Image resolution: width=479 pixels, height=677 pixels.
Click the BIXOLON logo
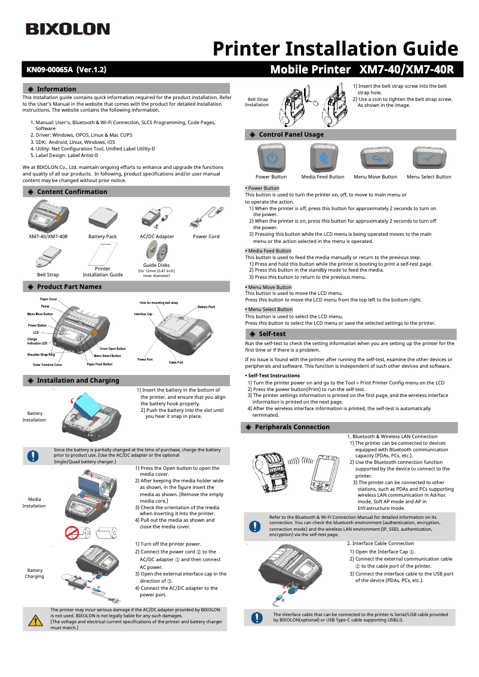[x=67, y=29]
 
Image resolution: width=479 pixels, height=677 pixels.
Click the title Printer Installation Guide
[x=335, y=49]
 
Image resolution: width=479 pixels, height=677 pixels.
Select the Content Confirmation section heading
[x=72, y=192]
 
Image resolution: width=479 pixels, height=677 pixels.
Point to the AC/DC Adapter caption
[x=157, y=236]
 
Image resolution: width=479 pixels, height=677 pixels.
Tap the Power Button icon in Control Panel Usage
[x=271, y=158]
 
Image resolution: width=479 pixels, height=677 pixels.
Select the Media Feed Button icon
[x=323, y=158]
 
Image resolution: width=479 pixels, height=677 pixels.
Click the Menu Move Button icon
[x=376, y=158]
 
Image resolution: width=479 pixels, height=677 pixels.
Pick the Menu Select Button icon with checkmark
[x=429, y=158]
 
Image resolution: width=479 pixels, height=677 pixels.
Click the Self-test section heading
[x=272, y=334]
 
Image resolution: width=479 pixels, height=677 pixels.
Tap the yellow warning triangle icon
[x=36, y=620]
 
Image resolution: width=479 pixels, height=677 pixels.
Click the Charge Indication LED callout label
[x=37, y=341]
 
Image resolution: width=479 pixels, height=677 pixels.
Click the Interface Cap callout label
[x=143, y=313]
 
